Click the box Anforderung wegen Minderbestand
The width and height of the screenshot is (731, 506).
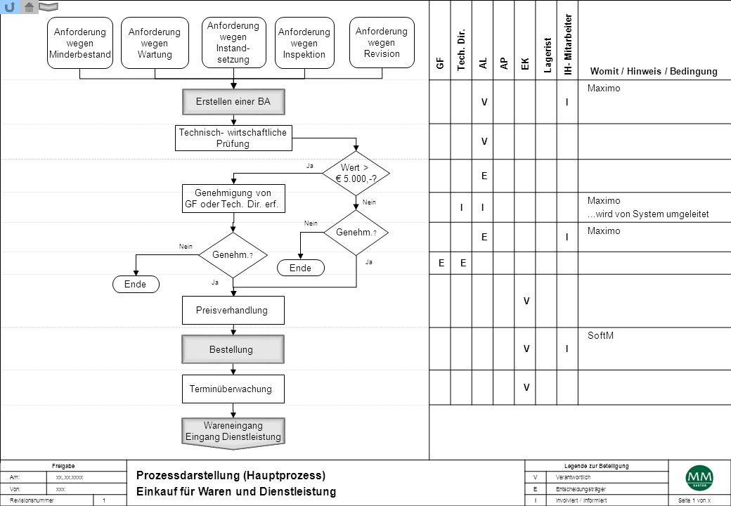79,43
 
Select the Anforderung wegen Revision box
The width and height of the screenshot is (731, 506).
382,42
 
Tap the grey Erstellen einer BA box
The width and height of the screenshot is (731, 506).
233,102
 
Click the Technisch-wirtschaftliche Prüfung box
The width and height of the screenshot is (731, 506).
233,138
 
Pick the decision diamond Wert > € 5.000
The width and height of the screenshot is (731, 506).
356,174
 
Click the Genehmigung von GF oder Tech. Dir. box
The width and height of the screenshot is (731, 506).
233,198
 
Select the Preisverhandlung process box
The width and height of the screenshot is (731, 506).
233,311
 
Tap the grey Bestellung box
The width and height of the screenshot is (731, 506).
233,349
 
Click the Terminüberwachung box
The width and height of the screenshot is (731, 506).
233,389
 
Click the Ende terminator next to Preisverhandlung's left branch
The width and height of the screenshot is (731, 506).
136,284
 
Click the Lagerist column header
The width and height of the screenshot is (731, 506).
548,56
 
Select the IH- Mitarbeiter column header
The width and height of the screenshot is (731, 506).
568,44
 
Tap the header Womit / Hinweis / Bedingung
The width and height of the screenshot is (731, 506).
654,71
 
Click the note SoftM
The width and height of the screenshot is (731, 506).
600,335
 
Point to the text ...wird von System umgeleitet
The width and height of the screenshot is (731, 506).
648,214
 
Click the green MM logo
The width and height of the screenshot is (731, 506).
699,478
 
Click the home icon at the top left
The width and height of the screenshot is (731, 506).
29,7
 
